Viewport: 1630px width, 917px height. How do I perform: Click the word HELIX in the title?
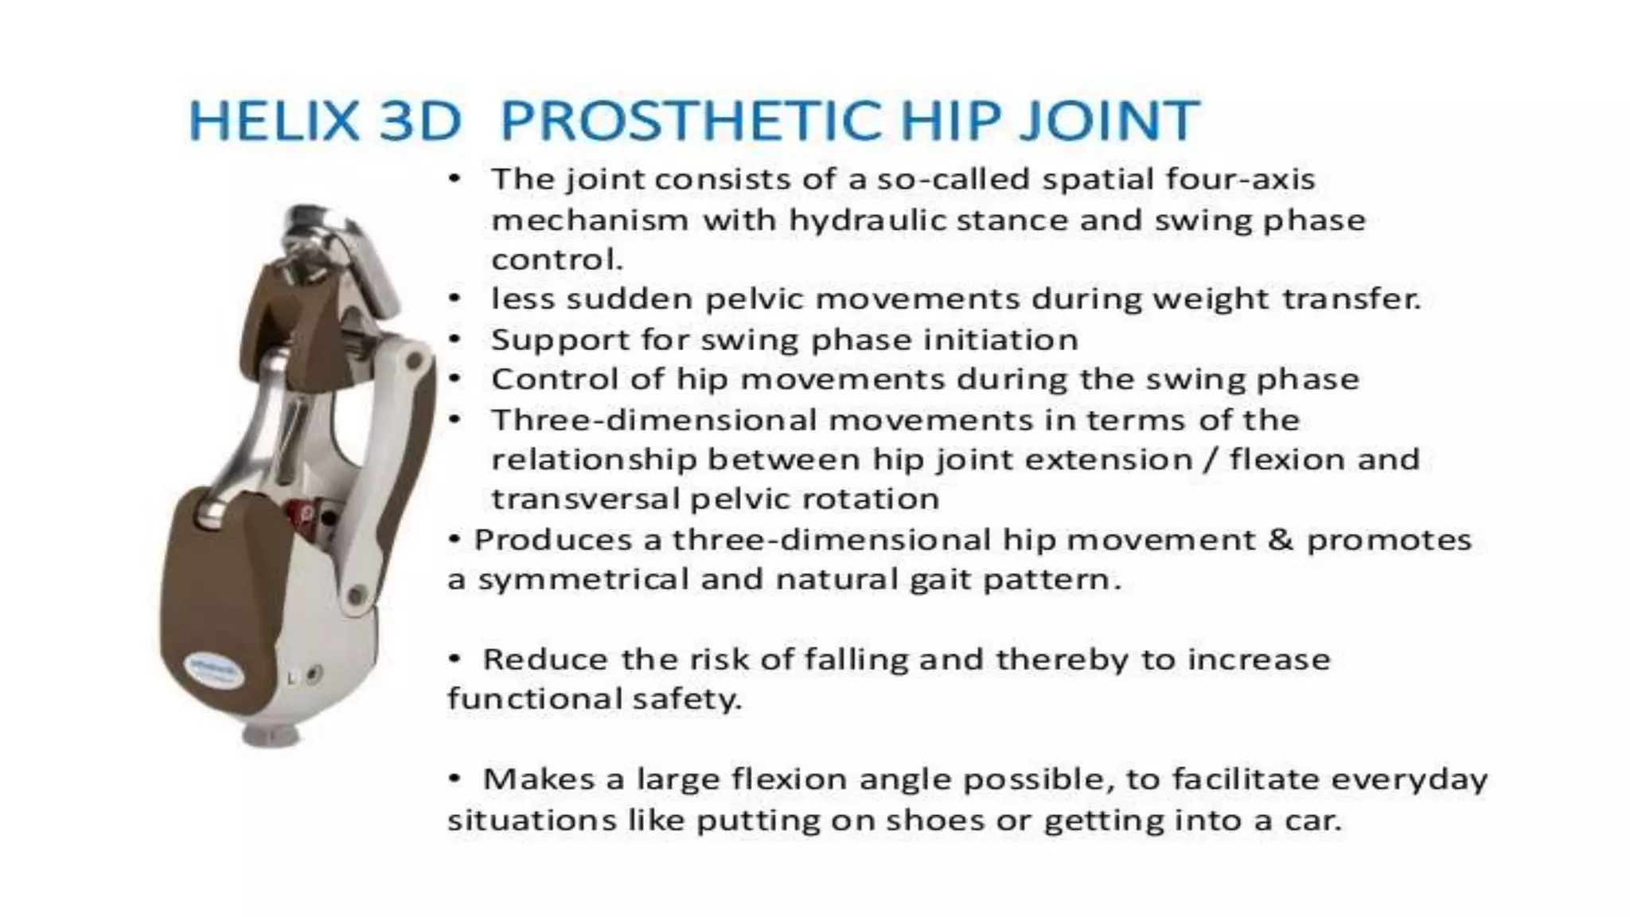(274, 121)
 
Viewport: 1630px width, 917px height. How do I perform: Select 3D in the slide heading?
(419, 121)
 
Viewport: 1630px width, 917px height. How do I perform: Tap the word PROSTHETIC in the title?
(690, 121)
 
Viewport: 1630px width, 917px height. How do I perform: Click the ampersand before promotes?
(1279, 540)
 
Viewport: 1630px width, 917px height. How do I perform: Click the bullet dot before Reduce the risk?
(454, 658)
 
